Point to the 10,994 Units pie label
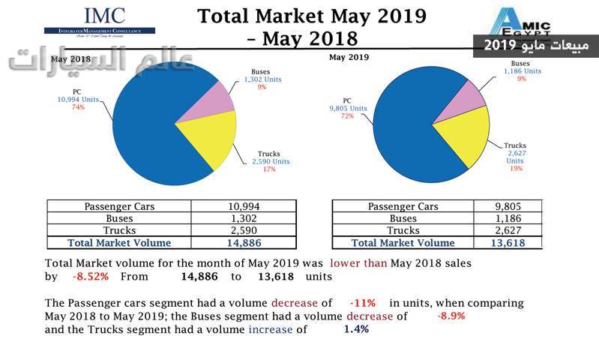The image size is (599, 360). coord(78,100)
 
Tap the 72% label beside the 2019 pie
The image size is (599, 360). coord(348,116)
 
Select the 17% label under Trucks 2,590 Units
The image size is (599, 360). coord(269,169)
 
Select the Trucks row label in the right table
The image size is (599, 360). coord(403,231)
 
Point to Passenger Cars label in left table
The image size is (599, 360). coord(119,207)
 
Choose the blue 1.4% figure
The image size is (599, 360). coord(356,329)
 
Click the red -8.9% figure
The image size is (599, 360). coord(451,316)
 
